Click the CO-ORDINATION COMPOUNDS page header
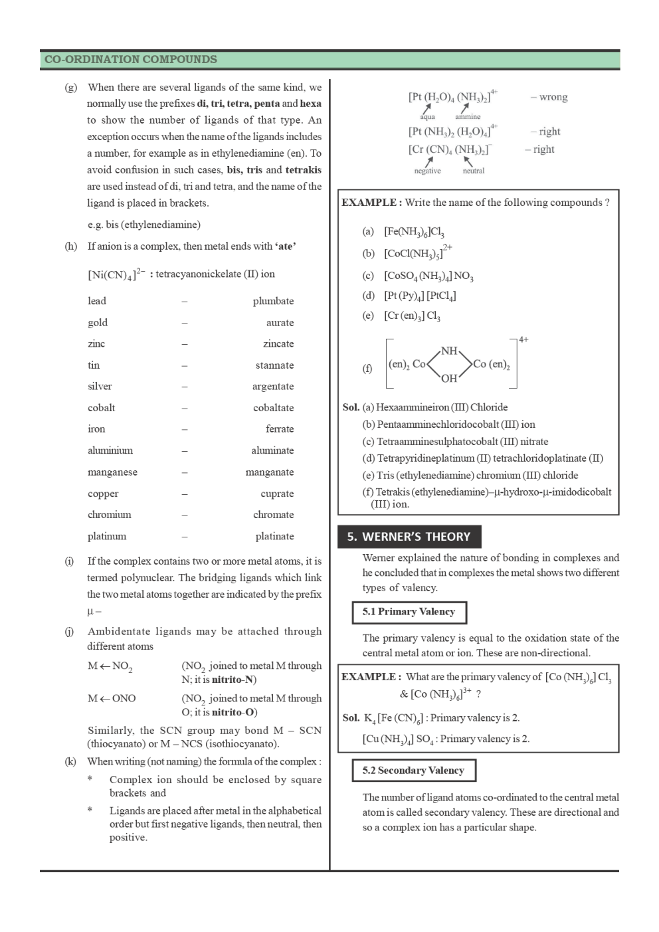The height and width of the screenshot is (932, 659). point(131,59)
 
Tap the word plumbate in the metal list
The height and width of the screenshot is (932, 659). point(273,301)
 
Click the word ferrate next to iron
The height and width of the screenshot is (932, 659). point(279,429)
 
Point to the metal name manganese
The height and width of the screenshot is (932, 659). point(112,472)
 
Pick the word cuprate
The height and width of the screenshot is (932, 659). point(277,494)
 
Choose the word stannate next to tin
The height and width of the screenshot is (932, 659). point(274,365)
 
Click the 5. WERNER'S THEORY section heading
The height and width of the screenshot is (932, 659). point(409,537)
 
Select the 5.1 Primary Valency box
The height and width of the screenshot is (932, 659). point(409,612)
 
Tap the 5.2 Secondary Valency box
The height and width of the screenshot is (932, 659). point(413,771)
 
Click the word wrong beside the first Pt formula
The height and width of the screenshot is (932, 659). point(553,97)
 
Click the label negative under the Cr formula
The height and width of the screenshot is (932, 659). point(427,171)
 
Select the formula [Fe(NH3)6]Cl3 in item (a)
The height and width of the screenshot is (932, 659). point(414,232)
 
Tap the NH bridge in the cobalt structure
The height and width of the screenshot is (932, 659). point(449,351)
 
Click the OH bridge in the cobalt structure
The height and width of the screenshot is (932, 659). point(449,379)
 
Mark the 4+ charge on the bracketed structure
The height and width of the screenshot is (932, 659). point(523,339)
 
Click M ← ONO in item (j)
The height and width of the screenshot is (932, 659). point(112,698)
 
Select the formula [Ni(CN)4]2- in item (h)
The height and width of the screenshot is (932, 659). point(116,274)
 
